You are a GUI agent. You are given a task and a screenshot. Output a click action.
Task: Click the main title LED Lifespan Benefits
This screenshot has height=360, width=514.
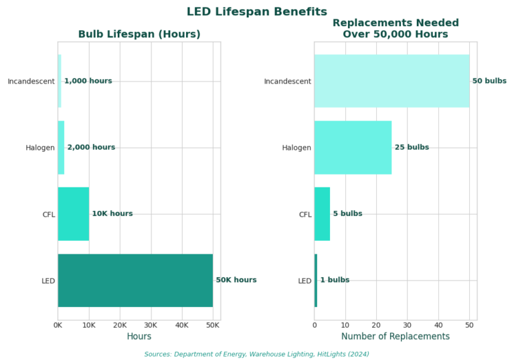coord(257,12)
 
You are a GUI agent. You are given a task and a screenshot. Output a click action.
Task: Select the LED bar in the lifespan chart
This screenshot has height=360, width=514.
coord(135,280)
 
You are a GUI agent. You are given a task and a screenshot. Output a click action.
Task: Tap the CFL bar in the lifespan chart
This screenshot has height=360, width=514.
coord(73,214)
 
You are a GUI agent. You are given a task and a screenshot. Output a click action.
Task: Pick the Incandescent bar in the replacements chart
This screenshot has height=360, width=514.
coord(392,81)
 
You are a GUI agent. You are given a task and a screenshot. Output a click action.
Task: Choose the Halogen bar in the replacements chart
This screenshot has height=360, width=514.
coord(353,147)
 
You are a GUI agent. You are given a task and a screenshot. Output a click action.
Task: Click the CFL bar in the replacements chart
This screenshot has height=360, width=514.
coord(322,214)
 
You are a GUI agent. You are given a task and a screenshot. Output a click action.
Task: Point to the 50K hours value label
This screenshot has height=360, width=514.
coord(236,280)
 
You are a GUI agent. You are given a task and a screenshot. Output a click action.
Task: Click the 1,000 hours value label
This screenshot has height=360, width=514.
coord(88,81)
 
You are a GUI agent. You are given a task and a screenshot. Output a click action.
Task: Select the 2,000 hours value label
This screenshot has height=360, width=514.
coord(91,147)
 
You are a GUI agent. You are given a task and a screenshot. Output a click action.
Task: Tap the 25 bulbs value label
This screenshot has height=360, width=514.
coord(412,147)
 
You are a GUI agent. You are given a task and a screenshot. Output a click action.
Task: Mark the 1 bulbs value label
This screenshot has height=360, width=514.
coord(335,280)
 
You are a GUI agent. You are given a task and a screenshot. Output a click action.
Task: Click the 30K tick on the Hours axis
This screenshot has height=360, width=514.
coord(151,325)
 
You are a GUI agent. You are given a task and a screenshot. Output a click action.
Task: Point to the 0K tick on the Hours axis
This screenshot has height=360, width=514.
coord(58,325)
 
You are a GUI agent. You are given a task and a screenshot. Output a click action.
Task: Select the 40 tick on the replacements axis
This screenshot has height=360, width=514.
coord(438,325)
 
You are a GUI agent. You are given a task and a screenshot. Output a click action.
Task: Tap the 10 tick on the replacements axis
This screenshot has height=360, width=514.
coord(345,325)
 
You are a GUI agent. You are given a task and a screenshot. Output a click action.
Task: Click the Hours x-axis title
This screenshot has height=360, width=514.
coord(139,337)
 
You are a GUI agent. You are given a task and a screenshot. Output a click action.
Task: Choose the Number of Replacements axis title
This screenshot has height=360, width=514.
coord(396,337)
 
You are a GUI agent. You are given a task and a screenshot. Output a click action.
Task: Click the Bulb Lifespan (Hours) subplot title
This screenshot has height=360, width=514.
coord(139,34)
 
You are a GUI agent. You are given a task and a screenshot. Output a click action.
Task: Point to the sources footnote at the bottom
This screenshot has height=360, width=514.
coord(257,354)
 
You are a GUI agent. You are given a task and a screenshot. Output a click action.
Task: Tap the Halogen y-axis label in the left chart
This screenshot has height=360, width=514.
coord(41,148)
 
